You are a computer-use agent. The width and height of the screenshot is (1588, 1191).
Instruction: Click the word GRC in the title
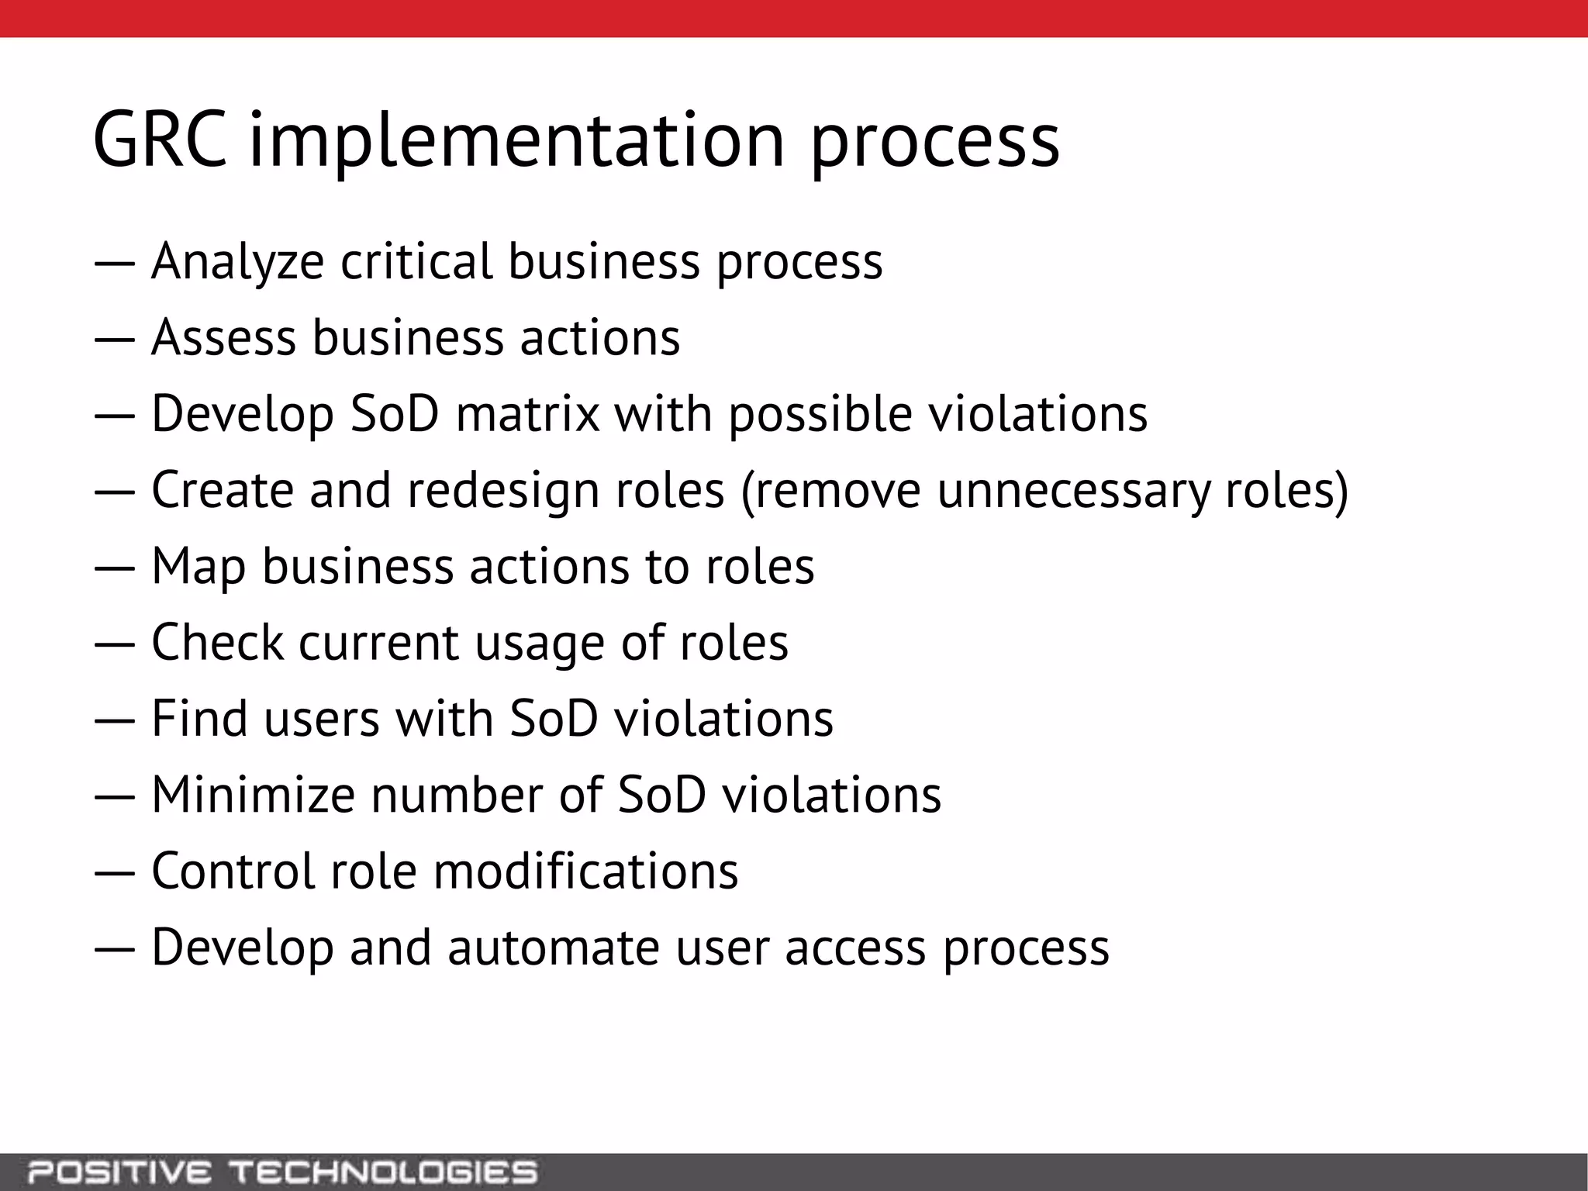coord(160,140)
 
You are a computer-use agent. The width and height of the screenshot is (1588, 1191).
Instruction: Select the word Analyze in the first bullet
coord(237,262)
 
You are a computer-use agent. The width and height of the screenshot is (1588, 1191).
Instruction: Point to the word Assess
coord(224,337)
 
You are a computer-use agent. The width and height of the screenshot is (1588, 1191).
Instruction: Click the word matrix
coord(527,413)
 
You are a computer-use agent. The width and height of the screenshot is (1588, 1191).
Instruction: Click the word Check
coord(218,642)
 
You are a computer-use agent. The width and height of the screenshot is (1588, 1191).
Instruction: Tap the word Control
coord(233,871)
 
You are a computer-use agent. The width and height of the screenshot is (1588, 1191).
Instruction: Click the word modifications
coord(585,871)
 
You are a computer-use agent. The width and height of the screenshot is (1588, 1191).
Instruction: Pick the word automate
coord(554,948)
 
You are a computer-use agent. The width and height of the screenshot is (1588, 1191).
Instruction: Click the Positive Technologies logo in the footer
coord(282,1172)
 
